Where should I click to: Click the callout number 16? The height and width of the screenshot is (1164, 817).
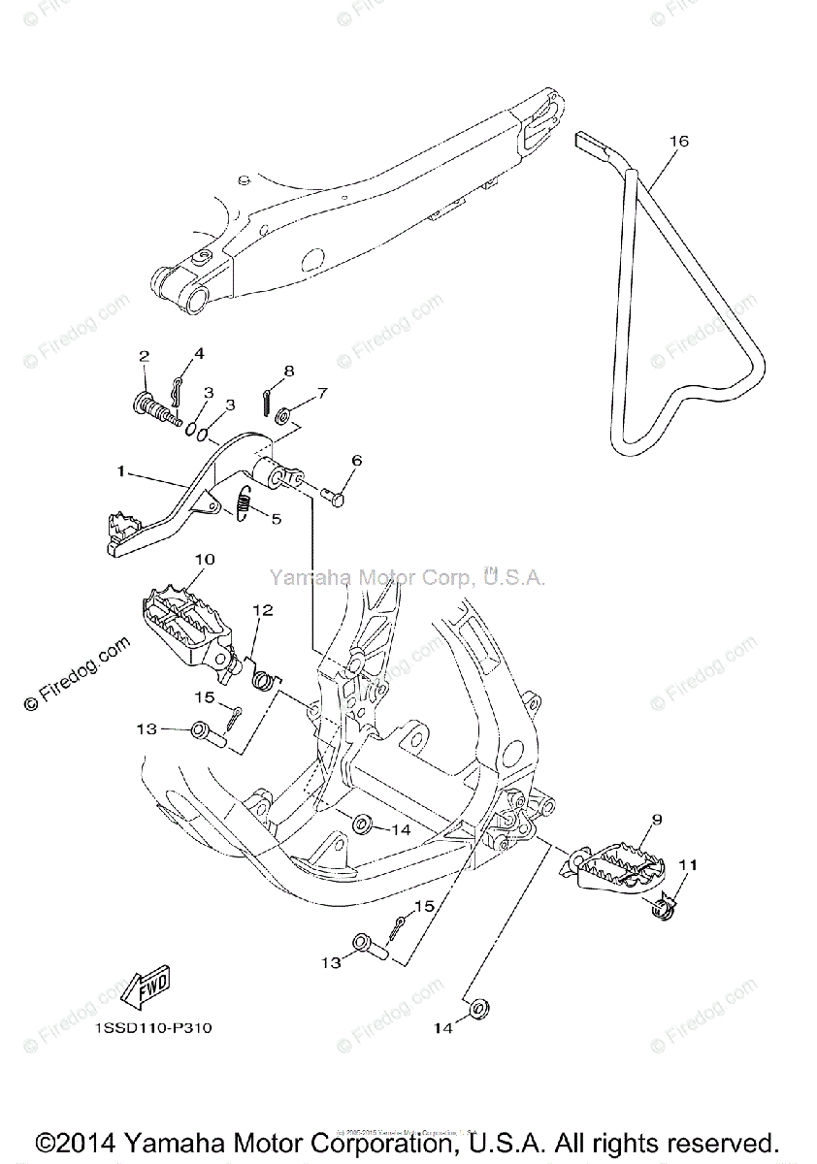click(x=678, y=142)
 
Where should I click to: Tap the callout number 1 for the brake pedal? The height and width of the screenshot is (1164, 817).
click(x=121, y=471)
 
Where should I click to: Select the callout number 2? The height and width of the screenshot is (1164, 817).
click(x=144, y=356)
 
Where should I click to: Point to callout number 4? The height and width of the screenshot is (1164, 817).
click(x=199, y=353)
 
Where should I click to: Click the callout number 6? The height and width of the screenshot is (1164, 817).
click(x=356, y=462)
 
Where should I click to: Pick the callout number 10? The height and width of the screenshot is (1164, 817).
click(x=204, y=560)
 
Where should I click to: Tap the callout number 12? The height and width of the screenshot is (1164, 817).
click(x=263, y=610)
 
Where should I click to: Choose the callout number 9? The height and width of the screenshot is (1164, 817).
click(x=656, y=821)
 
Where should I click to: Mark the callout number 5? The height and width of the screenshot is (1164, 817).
click(x=277, y=519)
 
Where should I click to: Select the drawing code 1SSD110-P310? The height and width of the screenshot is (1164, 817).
click(x=153, y=1028)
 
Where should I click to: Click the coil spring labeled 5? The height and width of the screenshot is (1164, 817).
click(x=245, y=504)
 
